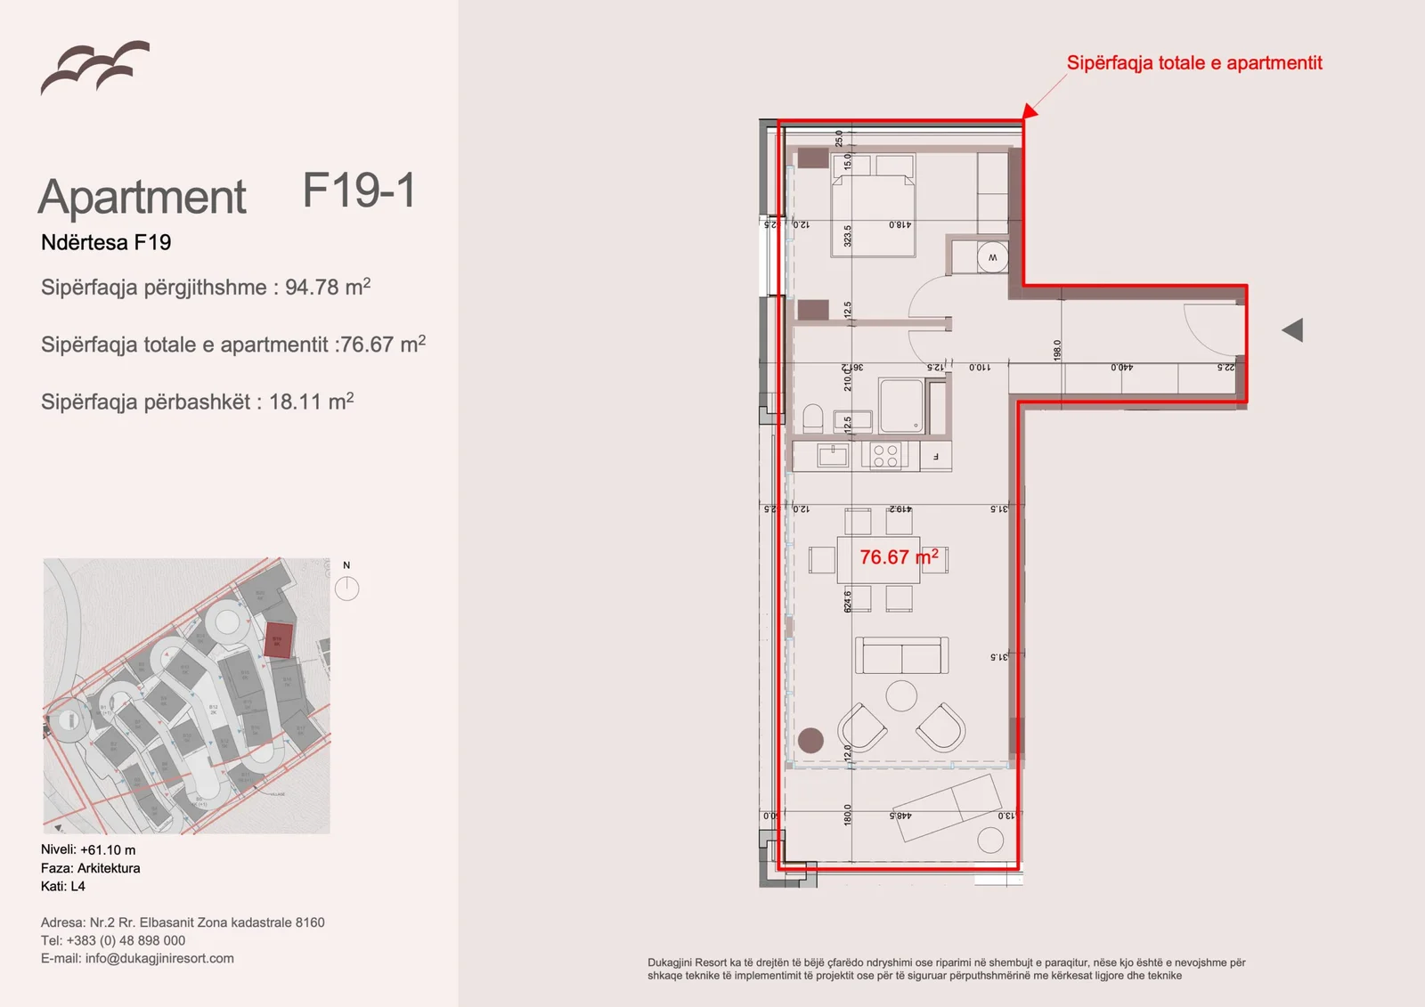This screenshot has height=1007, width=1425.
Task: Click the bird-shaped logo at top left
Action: pos(94,67)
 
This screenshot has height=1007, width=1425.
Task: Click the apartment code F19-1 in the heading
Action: pos(359,191)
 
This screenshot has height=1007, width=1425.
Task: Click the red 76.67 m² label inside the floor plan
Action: pos(898,557)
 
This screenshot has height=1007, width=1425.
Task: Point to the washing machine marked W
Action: pos(992,258)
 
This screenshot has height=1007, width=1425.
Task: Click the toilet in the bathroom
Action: pos(812,418)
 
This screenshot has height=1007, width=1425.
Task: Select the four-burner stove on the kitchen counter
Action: pos(885,457)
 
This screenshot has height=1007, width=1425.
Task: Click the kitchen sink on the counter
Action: pos(833,457)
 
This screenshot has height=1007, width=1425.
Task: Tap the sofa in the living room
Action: pos(901,656)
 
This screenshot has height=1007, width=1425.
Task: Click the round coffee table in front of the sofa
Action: pos(901,695)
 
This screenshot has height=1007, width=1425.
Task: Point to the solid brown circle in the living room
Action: pos(810,740)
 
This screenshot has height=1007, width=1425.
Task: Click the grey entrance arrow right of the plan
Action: pos(1293,330)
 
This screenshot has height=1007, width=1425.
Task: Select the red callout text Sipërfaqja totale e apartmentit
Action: pos(1193,63)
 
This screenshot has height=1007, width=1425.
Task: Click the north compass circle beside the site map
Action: pos(346,589)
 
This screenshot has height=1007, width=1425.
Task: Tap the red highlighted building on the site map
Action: pos(278,639)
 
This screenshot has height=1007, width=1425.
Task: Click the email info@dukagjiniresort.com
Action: pos(159,959)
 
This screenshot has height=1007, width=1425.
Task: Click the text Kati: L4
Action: pos(63,886)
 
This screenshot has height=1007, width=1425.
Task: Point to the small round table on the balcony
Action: pos(990,841)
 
